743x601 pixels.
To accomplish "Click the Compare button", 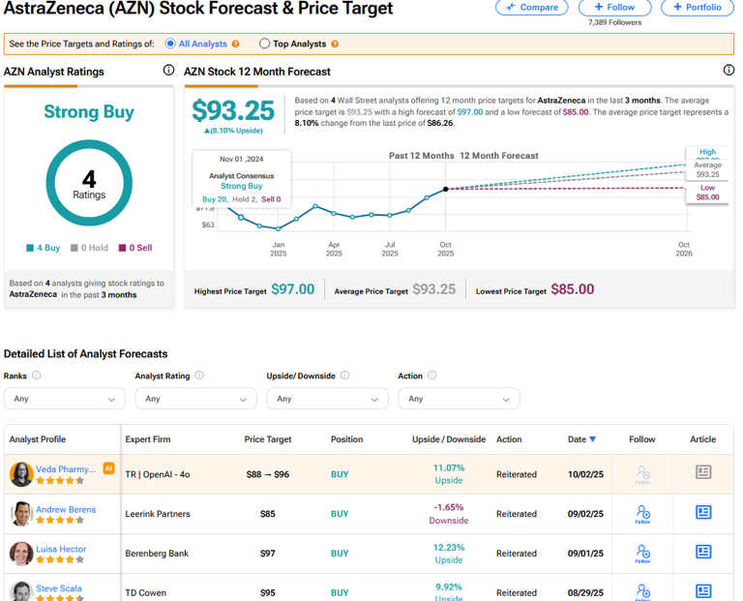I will [532, 7].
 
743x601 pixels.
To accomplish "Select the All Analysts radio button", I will [171, 44].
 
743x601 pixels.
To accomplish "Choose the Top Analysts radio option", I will [265, 44].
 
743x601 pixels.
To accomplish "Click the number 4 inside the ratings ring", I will [89, 179].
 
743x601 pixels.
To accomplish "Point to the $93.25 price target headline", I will [233, 110].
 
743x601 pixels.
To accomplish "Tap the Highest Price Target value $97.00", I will [292, 289].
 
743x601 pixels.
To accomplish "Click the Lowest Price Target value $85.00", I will [572, 289].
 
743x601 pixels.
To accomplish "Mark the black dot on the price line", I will [446, 190].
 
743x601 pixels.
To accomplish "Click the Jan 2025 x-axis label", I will [278, 249].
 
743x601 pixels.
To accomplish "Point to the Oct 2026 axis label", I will [684, 249].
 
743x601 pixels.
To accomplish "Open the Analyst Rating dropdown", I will [195, 398].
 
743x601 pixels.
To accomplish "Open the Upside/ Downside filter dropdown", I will [327, 398].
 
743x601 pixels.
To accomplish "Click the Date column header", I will [581, 439].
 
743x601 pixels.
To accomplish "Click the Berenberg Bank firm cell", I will [158, 554].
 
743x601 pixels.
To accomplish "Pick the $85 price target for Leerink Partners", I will [268, 514].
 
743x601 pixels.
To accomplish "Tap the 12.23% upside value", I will [449, 548].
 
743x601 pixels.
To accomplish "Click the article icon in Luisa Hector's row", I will [703, 552].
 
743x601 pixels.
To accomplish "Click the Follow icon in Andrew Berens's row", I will [642, 514].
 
